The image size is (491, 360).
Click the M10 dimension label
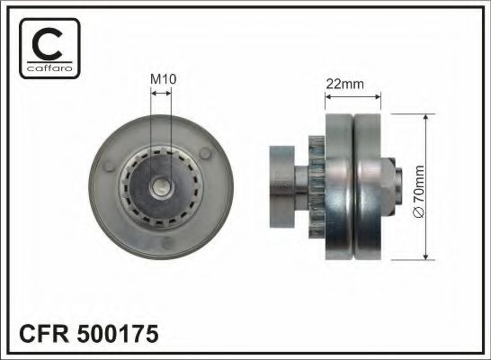(x=161, y=78)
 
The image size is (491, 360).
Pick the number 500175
(x=120, y=335)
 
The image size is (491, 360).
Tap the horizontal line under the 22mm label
(x=353, y=96)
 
